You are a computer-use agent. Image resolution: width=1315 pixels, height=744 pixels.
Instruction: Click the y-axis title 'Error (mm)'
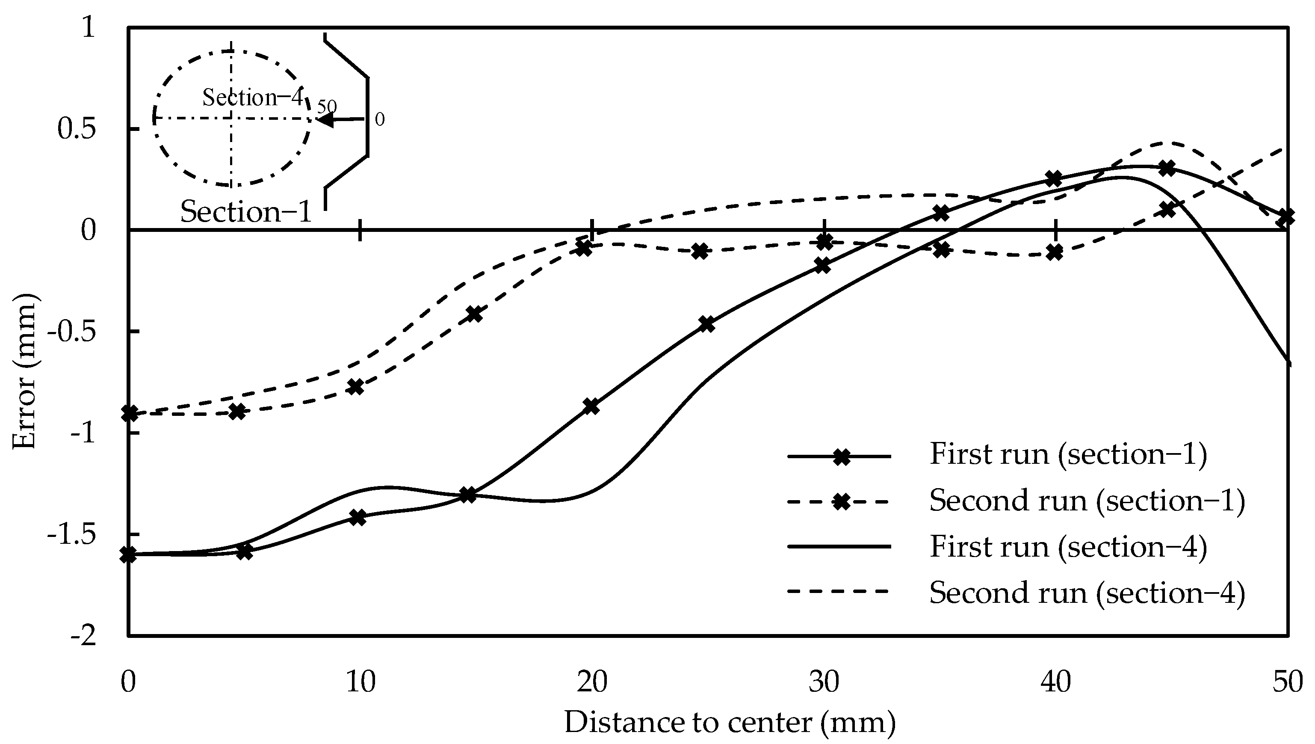pyautogui.click(x=24, y=371)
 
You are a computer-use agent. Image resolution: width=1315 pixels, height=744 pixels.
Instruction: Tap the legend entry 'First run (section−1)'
pyautogui.click(x=1068, y=454)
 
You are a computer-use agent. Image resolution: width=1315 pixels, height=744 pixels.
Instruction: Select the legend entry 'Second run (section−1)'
pyautogui.click(x=1087, y=500)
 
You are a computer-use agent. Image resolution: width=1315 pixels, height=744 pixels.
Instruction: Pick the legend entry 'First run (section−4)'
pyautogui.click(x=1068, y=547)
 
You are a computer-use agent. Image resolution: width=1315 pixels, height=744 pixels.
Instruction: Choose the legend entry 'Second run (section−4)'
pyautogui.click(x=1087, y=593)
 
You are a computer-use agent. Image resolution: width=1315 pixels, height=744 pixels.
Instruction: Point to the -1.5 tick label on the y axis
pyautogui.click(x=71, y=534)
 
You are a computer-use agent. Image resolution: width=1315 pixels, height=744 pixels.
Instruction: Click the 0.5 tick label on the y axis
pyautogui.click(x=77, y=129)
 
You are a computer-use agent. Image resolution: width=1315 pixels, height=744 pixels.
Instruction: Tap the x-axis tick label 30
pyautogui.click(x=824, y=682)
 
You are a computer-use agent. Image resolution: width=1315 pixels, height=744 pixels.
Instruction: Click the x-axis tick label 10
pyautogui.click(x=361, y=682)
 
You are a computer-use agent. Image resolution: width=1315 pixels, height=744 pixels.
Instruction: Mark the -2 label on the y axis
pyautogui.click(x=83, y=636)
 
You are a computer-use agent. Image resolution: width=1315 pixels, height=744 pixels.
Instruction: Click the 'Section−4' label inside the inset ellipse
pyautogui.click(x=253, y=97)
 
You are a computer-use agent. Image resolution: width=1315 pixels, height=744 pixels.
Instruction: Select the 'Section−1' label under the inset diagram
pyautogui.click(x=246, y=211)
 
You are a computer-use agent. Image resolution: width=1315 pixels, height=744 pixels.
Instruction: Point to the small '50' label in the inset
pyautogui.click(x=327, y=106)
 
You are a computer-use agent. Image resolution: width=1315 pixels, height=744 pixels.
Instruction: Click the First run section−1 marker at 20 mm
pyautogui.click(x=591, y=407)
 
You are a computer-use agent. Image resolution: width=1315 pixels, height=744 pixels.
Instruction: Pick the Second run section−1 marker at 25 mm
pyautogui.click(x=702, y=251)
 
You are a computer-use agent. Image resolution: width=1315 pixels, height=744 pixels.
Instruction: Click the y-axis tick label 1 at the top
pyautogui.click(x=89, y=27)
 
